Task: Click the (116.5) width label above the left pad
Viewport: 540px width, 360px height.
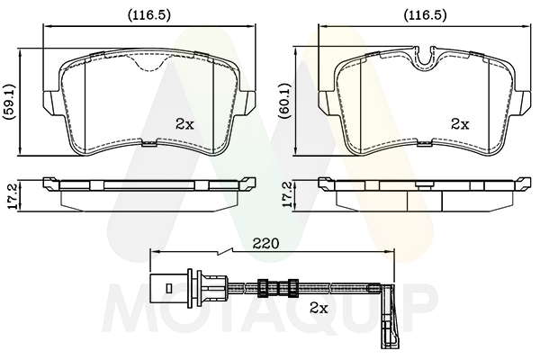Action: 149,14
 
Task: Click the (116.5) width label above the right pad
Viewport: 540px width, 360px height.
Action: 425,14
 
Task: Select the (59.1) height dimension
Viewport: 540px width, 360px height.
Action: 10,102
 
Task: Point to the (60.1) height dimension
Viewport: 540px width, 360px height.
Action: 286,101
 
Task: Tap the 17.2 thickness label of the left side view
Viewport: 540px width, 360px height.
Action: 13,195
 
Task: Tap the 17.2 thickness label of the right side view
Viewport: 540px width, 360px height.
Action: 288,194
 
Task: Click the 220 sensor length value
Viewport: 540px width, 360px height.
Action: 265,244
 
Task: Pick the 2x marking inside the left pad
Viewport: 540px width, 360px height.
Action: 184,124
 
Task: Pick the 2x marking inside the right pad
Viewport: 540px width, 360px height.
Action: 460,124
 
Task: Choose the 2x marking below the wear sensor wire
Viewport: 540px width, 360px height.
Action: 319,309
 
